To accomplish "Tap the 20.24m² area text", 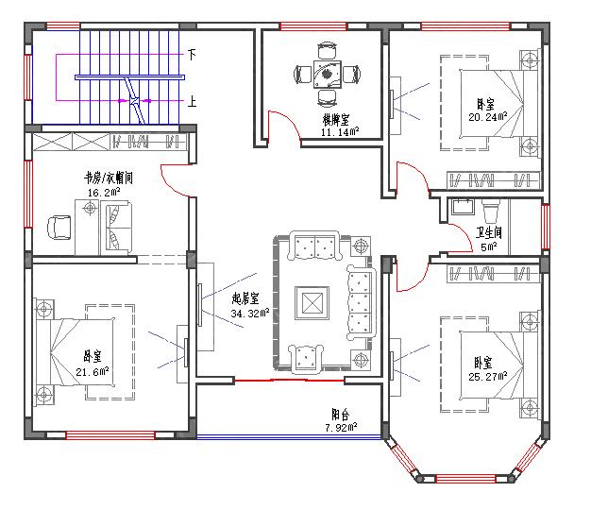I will coord(487,117).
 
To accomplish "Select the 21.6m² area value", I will coord(92,369).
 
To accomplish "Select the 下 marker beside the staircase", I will coord(192,55).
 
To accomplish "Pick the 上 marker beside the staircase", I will coord(192,101).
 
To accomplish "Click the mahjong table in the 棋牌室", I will coord(328,73).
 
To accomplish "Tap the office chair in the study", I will coord(59,227).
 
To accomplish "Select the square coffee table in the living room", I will coord(312,302).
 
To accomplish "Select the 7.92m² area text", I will coord(339,427).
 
